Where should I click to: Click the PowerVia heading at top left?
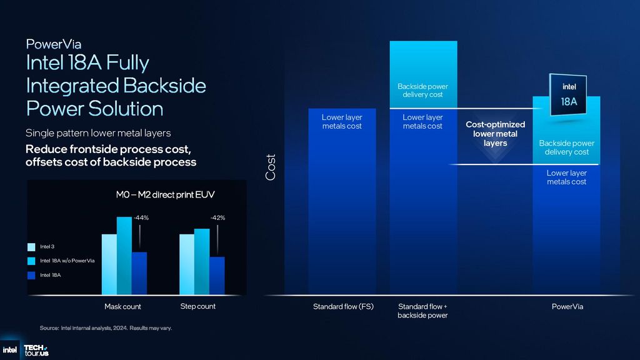point(54,44)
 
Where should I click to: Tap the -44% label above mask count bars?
point(141,217)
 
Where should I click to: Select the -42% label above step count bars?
point(217,217)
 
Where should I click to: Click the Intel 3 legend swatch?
point(31,247)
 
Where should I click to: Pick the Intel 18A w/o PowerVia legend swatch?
point(31,261)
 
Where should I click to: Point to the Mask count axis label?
point(122,306)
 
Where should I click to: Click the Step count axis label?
point(197,306)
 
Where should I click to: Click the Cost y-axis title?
point(271,167)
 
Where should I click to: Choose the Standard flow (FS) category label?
point(343,307)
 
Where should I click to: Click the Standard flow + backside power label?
point(422,311)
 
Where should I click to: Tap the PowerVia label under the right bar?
point(567,307)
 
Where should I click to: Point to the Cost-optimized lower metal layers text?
point(496,134)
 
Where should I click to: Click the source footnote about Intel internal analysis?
point(106,327)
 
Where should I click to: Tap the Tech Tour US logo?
point(36,350)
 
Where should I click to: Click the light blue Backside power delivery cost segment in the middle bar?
point(423,75)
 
